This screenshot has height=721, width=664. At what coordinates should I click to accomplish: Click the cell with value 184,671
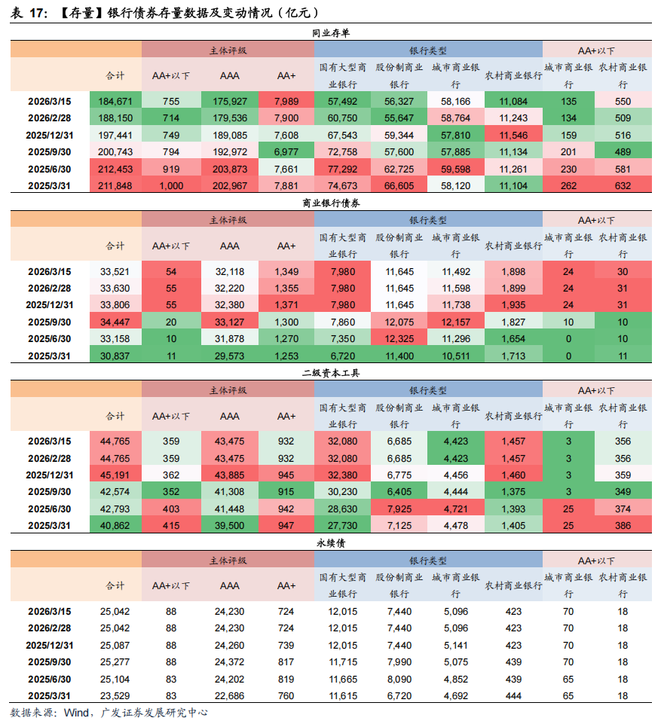coord(115,101)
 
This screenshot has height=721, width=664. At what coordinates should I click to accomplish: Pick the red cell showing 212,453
coord(115,169)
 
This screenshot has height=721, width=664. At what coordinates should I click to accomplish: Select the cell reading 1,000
coord(171,186)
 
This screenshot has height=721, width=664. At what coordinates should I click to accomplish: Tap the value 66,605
coord(399,186)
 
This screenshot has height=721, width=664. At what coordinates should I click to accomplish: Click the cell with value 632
coord(623,186)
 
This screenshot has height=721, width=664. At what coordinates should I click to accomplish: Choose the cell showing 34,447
coord(115,322)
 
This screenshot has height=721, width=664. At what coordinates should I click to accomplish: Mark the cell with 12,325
coord(399,339)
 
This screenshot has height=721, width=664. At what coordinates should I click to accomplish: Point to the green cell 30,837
coord(115,356)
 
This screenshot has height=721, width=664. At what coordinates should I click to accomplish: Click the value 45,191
coord(115,475)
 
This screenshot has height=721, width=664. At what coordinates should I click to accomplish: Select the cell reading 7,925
coord(399,509)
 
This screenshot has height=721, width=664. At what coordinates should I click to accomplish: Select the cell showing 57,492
coord(342,101)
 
